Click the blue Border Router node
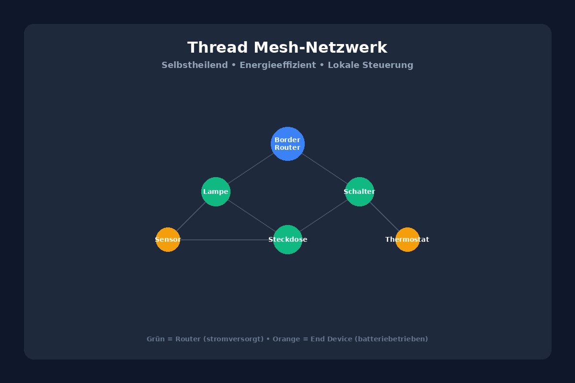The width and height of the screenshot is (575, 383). click(x=287, y=144)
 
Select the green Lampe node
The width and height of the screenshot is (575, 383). click(x=216, y=191)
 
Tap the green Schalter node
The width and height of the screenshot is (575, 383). click(x=359, y=191)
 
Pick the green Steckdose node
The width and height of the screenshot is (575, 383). click(x=287, y=239)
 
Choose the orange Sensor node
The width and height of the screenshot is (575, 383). click(x=168, y=239)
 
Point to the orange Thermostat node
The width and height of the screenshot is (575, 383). click(x=407, y=239)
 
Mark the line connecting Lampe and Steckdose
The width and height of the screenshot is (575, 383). click(x=252, y=215)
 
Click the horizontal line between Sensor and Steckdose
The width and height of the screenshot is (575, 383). click(x=225, y=239)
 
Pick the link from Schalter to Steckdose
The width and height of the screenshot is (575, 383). click(x=323, y=215)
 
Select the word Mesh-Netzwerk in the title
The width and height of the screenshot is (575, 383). click(x=320, y=48)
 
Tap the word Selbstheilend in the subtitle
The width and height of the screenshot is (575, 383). click(x=195, y=65)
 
